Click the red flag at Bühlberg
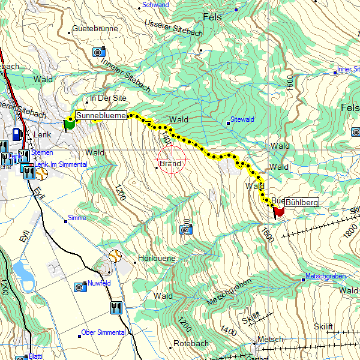tap(279, 212)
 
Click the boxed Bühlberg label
tap(302, 203)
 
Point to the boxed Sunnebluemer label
tap(101, 115)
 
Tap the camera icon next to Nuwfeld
tap(80, 287)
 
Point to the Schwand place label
tap(155, 5)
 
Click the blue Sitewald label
tap(242, 119)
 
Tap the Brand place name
tap(170, 163)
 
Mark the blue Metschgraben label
tap(326, 276)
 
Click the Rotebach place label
tap(191, 344)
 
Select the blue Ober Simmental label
tap(103, 332)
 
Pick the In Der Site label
tap(108, 98)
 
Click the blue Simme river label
tap(77, 218)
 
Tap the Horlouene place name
tap(157, 258)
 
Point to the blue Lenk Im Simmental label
tap(61, 164)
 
